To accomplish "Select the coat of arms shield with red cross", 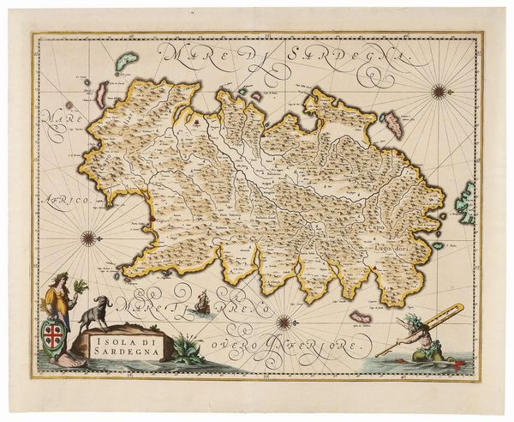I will [x=54, y=331].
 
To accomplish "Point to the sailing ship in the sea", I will [x=202, y=302].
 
